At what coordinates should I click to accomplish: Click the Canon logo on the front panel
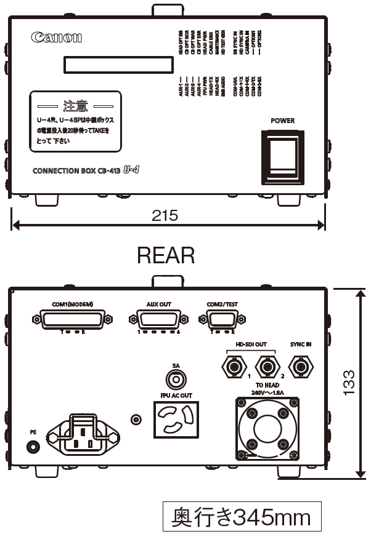[56, 38]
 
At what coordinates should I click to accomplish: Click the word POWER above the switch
[283, 121]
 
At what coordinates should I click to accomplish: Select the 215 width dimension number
[165, 215]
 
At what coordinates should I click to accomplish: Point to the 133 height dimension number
[348, 383]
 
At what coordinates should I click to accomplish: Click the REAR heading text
[166, 255]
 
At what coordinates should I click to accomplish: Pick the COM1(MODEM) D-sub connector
[73, 319]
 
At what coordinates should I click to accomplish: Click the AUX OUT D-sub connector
[158, 319]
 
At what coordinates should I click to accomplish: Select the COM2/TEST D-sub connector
[222, 319]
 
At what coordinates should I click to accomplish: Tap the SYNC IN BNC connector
[300, 368]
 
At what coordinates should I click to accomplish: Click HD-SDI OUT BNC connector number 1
[234, 368]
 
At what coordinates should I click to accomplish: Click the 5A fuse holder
[176, 379]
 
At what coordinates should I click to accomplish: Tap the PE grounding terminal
[33, 447]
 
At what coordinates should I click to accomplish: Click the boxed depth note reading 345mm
[242, 517]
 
